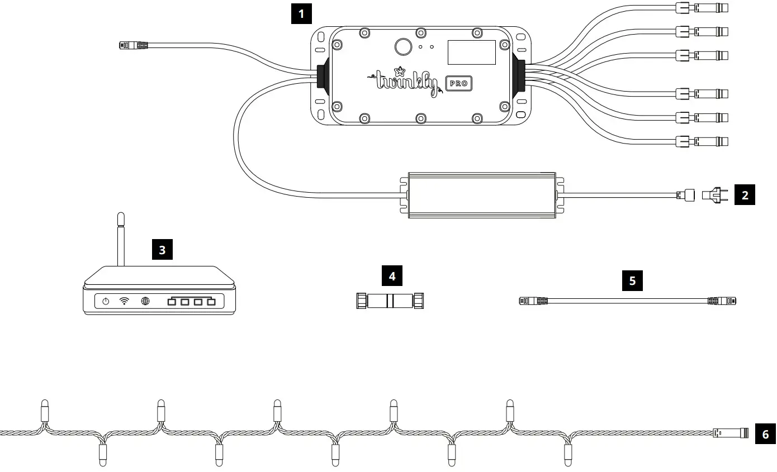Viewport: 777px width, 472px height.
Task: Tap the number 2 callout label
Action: tap(744, 196)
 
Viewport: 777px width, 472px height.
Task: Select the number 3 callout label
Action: tap(162, 250)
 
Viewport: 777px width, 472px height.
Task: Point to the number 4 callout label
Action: tap(392, 276)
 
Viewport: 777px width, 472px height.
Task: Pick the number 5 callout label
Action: tap(632, 280)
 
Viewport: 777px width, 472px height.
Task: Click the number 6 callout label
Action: tap(765, 433)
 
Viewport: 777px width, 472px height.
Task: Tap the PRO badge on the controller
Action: tap(459, 84)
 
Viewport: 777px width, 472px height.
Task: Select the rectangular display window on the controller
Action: tap(471, 52)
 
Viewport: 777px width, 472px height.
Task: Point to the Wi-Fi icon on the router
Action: tap(124, 302)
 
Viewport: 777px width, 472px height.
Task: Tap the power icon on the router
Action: tap(106, 302)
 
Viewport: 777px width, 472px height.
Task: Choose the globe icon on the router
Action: tap(145, 302)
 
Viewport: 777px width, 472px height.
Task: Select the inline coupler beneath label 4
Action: tap(391, 301)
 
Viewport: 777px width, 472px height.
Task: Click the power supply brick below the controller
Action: tap(482, 194)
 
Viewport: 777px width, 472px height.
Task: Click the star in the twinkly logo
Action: tap(400, 71)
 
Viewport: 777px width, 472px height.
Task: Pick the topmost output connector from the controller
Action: tap(702, 8)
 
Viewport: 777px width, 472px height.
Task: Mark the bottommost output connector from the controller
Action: tap(702, 141)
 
